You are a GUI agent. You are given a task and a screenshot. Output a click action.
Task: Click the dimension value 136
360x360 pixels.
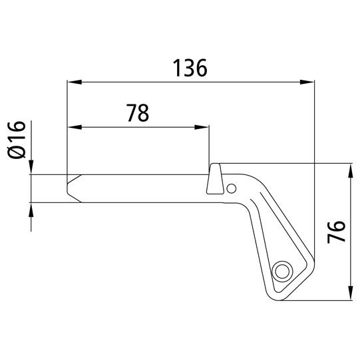190,68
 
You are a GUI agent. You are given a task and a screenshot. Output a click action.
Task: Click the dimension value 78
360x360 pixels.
138,112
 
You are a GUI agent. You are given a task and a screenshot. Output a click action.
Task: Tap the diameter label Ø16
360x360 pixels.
17,140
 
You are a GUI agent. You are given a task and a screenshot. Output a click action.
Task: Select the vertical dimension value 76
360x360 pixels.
336,232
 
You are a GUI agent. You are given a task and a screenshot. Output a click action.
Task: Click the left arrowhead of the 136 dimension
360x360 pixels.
75,82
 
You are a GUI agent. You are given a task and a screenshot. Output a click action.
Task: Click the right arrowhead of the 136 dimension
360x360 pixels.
307,82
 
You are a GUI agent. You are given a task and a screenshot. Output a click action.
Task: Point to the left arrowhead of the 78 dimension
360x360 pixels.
75,127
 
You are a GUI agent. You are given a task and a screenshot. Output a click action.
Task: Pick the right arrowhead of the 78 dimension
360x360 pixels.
202,127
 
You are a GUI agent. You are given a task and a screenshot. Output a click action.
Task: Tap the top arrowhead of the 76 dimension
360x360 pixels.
351,170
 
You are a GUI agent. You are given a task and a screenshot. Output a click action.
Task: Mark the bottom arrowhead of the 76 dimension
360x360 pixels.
351,293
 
